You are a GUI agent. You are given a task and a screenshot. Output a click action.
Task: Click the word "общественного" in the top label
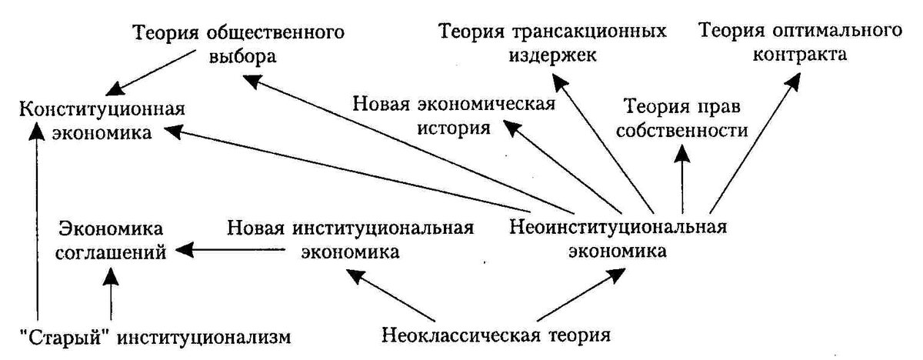pos(275,32)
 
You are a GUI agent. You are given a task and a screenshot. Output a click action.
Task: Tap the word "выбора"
pos(242,57)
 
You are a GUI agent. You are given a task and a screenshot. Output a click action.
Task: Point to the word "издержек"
pos(552,55)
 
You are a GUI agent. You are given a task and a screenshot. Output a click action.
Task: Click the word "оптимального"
pos(837,32)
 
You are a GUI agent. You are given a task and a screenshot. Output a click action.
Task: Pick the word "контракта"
pos(800,55)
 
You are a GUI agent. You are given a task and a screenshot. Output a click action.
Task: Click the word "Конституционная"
pos(102,109)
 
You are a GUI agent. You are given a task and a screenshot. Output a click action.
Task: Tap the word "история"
pos(454,128)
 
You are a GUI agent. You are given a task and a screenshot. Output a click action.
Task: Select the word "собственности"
pos(682,131)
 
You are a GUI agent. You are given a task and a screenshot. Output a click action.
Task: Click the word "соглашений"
pos(111,252)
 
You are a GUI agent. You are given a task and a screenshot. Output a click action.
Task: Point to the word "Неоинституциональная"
pos(618,228)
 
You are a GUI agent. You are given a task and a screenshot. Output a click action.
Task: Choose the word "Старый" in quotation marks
pos(66,338)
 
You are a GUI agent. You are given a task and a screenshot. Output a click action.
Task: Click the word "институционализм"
pos(204,338)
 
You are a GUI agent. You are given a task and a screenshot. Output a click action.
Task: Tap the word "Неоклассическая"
pos(461,335)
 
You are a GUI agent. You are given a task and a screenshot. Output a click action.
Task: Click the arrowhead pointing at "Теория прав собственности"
pos(683,154)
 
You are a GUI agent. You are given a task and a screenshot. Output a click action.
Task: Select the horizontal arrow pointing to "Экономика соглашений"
pos(230,249)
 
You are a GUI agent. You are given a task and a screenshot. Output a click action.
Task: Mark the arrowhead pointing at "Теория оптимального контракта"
pos(792,82)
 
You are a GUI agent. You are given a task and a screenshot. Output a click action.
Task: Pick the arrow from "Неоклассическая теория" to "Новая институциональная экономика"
pos(390,295)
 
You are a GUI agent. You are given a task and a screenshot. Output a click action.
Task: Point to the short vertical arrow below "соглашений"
pos(111,294)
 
